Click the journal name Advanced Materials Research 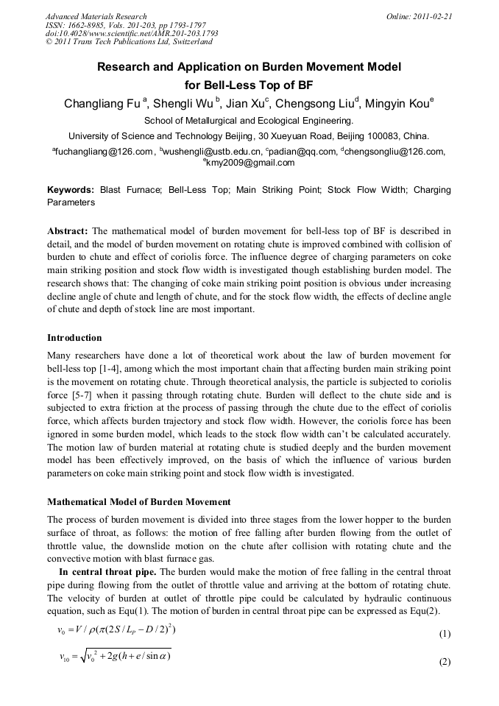96,16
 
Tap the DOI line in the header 132,34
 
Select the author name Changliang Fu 102,104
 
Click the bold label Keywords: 71,190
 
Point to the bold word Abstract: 68,230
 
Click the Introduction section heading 74,338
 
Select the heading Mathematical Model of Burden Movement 139,501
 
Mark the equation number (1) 444,634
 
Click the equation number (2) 444,661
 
